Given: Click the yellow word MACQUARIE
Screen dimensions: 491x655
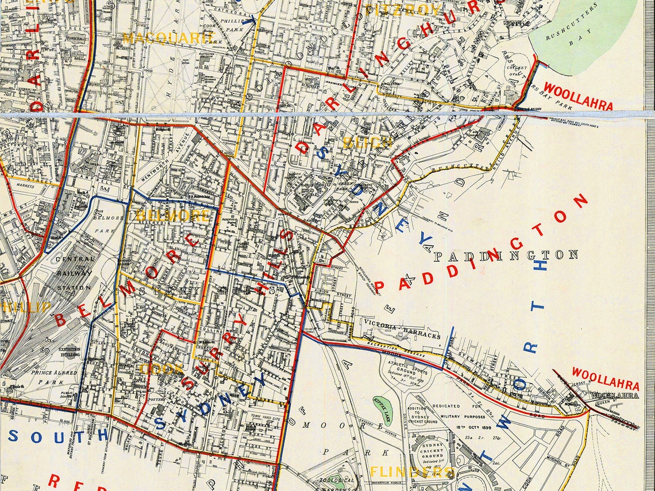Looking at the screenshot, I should tap(168, 38).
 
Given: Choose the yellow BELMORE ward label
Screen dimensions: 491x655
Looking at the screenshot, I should tap(172, 216).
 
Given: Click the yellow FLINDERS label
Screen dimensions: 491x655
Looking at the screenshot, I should tap(413, 472).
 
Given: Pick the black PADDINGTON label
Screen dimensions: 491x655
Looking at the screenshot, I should tap(506, 255).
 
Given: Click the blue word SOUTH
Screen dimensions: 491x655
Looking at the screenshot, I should tap(57, 435).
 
